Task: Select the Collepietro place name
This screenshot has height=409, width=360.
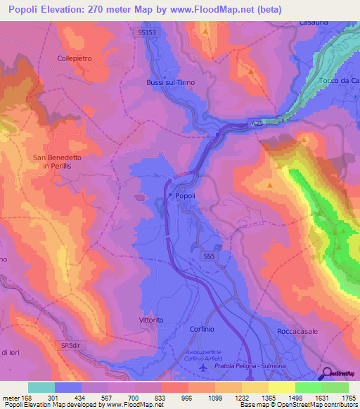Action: pyautogui.click(x=76, y=58)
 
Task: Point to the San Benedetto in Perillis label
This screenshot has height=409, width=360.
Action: pyautogui.click(x=58, y=162)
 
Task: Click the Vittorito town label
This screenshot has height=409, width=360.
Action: pyautogui.click(x=151, y=320)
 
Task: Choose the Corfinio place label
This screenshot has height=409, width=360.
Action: pyautogui.click(x=206, y=329)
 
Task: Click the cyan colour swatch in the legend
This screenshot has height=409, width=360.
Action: pyautogui.click(x=41, y=387)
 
